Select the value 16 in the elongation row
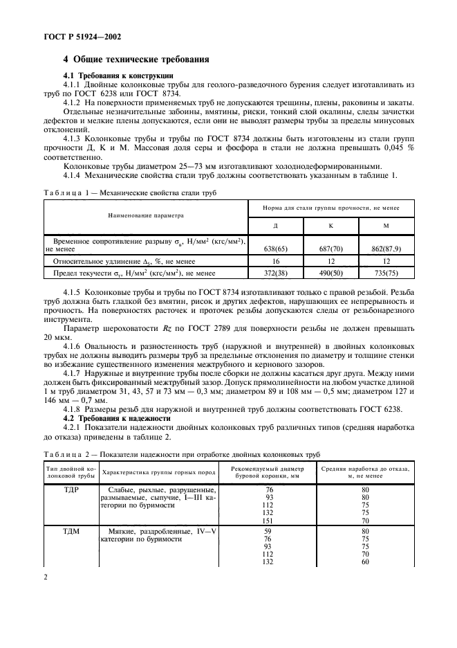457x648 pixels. click(x=277, y=261)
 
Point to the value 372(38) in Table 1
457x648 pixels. click(x=277, y=274)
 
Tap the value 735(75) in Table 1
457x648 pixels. click(x=389, y=274)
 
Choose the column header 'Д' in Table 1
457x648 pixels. click(x=277, y=225)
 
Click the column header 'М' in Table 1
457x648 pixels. click(x=389, y=225)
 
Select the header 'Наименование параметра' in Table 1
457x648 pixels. click(x=146, y=215)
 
